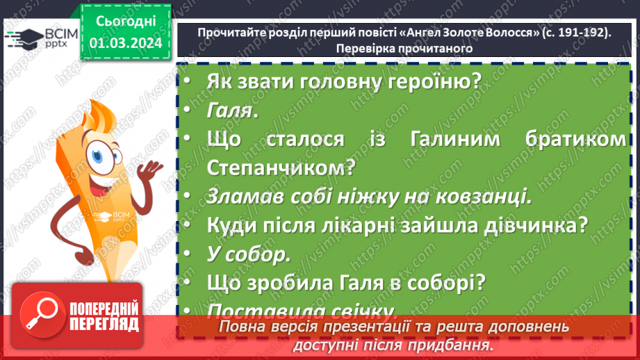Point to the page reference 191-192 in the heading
574,32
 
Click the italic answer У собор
247,254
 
